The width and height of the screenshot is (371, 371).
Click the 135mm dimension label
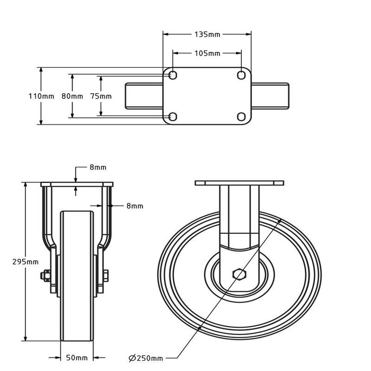coord(207,34)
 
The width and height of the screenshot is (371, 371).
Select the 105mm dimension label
coord(207,54)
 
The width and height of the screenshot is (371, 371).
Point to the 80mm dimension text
coord(72,96)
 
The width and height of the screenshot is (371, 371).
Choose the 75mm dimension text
coord(101,96)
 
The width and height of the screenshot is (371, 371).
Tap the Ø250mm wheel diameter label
coord(146,358)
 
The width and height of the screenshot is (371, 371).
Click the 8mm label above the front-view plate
coord(97,167)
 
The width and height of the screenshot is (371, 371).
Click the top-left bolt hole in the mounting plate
coord(172,76)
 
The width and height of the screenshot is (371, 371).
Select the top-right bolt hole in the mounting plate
coord(242,76)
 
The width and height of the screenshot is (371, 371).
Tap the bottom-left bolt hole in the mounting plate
coord(172,116)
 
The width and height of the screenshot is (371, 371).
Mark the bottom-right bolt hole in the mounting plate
coord(242,116)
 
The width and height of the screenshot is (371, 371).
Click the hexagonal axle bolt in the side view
coord(240,275)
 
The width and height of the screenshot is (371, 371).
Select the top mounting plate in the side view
coord(240,183)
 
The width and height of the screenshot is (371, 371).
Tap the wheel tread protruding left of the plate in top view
coord(144,96)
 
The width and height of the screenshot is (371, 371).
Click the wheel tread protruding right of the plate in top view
coord(270,96)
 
